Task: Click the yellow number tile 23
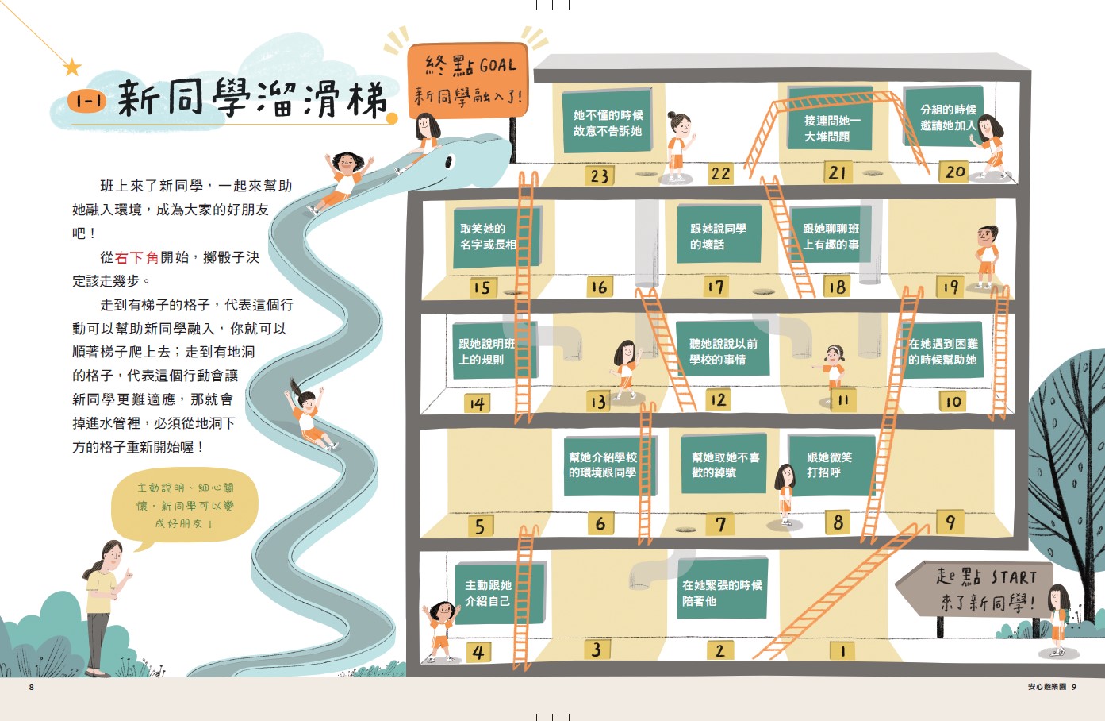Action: pyautogui.click(x=600, y=175)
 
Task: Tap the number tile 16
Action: pyautogui.click(x=599, y=287)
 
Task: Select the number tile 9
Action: pyautogui.click(x=950, y=522)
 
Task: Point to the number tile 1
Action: pyautogui.click(x=842, y=651)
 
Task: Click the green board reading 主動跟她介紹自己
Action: pyautogui.click(x=501, y=593)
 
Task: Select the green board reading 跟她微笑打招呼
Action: pyautogui.click(x=831, y=465)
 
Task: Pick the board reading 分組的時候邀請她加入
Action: pyautogui.click(x=944, y=117)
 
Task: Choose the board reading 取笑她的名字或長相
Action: pyautogui.click(x=496, y=237)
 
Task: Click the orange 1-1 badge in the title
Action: pyautogui.click(x=86, y=101)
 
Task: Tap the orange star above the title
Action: pyautogui.click(x=72, y=67)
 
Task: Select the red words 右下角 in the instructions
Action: pyautogui.click(x=136, y=257)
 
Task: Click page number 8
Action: pyautogui.click(x=32, y=687)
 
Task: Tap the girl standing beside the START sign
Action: pyautogui.click(x=1057, y=618)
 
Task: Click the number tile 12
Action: pyautogui.click(x=718, y=399)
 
